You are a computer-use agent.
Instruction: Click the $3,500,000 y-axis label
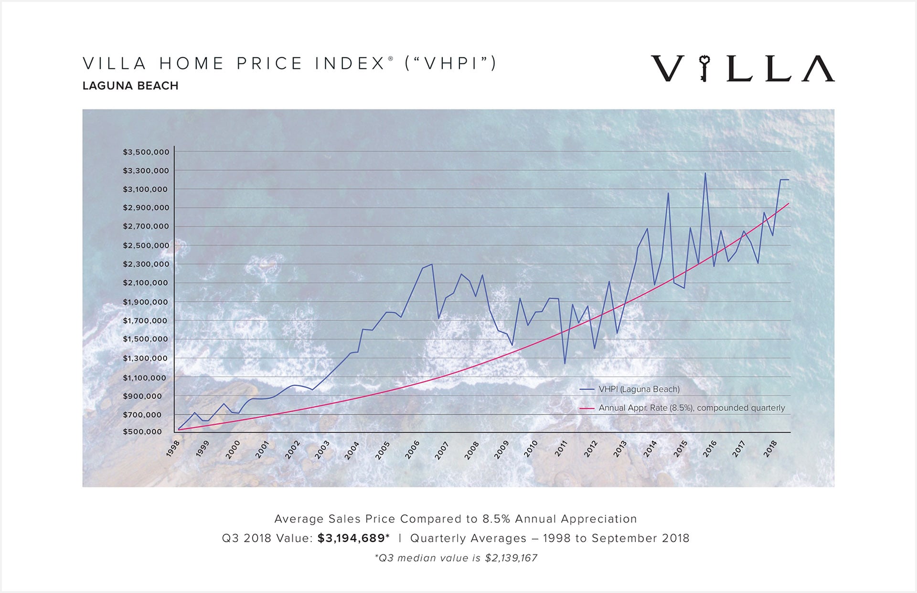[x=146, y=152]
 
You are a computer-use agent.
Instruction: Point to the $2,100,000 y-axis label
[x=146, y=283]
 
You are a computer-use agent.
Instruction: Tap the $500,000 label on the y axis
[x=142, y=432]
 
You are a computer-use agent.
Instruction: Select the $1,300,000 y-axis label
[x=146, y=359]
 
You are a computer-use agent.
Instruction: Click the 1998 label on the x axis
[x=173, y=448]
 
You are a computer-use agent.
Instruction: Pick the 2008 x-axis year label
[x=471, y=450]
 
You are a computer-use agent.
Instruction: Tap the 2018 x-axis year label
[x=770, y=449]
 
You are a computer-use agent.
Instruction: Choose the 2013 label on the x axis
[x=620, y=449]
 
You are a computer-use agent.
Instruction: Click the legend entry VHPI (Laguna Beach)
[x=639, y=390]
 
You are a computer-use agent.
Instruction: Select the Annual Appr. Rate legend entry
[x=691, y=408]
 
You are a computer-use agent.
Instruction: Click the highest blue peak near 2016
[x=705, y=173]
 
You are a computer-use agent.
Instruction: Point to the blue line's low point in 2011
[x=565, y=364]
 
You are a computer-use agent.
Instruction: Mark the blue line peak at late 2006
[x=432, y=264]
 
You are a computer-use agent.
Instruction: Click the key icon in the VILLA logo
[x=704, y=68]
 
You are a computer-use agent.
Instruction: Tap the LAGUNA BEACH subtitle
[x=130, y=86]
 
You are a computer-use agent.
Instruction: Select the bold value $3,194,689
[x=351, y=539]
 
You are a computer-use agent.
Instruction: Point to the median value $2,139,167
[x=511, y=558]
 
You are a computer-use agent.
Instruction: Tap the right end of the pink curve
[x=788, y=204]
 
